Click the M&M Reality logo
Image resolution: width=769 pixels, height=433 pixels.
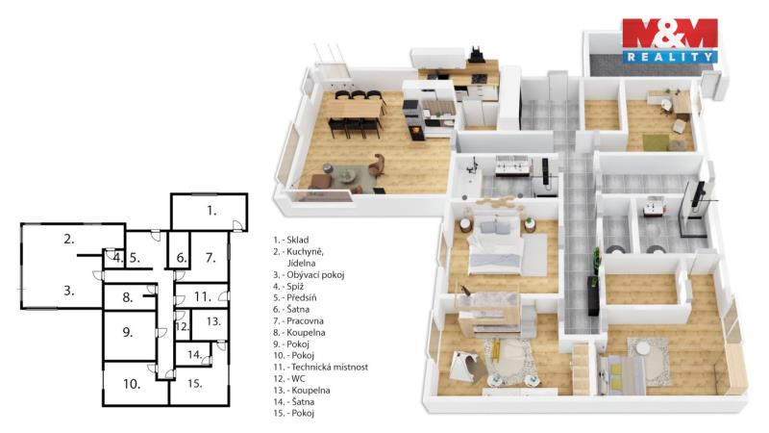tap(670, 41)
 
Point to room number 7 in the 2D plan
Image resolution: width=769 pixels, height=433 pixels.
tap(211, 258)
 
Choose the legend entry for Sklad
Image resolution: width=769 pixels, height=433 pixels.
tap(291, 240)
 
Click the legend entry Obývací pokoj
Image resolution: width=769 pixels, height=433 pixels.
tap(309, 275)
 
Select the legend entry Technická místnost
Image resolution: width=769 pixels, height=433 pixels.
tap(321, 367)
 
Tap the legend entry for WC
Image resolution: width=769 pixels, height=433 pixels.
tap(289, 378)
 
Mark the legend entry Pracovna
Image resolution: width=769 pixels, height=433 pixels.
tap(298, 321)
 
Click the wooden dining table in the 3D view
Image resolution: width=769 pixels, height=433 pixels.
tap(355, 109)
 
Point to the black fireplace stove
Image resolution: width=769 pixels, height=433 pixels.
tap(413, 120)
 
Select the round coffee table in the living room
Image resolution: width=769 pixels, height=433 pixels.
tap(347, 175)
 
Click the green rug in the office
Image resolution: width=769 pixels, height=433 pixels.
tap(657, 142)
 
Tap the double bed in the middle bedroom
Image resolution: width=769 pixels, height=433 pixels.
tap(495, 246)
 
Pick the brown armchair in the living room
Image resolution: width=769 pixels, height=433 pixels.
tap(377, 166)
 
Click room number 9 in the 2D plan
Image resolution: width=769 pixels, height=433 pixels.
tap(128, 332)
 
